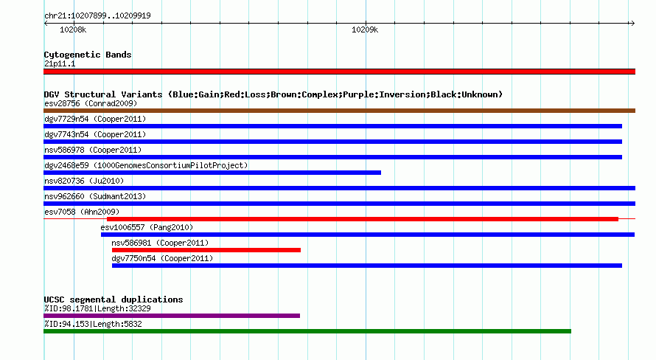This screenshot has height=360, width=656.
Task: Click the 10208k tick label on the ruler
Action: [x=73, y=30]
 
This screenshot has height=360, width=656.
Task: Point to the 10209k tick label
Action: [x=365, y=30]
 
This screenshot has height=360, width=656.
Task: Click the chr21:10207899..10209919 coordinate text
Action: [x=97, y=16]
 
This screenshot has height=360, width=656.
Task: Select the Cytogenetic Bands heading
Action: [x=88, y=55]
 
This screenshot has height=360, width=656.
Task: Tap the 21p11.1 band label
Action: [x=60, y=63]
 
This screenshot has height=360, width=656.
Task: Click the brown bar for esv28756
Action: [x=339, y=111]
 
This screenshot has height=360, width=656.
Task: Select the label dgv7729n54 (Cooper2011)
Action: [x=95, y=119]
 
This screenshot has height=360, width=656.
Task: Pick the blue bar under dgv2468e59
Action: [x=212, y=173]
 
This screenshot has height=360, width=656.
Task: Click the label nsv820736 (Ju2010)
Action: [x=84, y=181]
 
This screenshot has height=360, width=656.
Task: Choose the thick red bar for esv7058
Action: [x=363, y=219]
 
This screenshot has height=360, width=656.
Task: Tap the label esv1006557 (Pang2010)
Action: [x=147, y=227]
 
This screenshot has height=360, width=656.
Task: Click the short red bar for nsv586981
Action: [x=206, y=250]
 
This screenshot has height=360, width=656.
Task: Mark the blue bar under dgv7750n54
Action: [x=367, y=266]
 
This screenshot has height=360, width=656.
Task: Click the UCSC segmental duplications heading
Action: [x=114, y=300]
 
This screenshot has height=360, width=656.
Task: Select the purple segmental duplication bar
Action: [x=172, y=316]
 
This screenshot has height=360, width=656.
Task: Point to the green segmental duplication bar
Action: [x=307, y=331]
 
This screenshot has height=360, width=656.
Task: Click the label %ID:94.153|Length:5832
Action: [x=93, y=324]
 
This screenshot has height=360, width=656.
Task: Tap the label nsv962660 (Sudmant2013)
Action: [x=95, y=196]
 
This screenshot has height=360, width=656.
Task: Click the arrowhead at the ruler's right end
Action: [x=633, y=24]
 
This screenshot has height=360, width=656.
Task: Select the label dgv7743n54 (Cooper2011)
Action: [x=95, y=134]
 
